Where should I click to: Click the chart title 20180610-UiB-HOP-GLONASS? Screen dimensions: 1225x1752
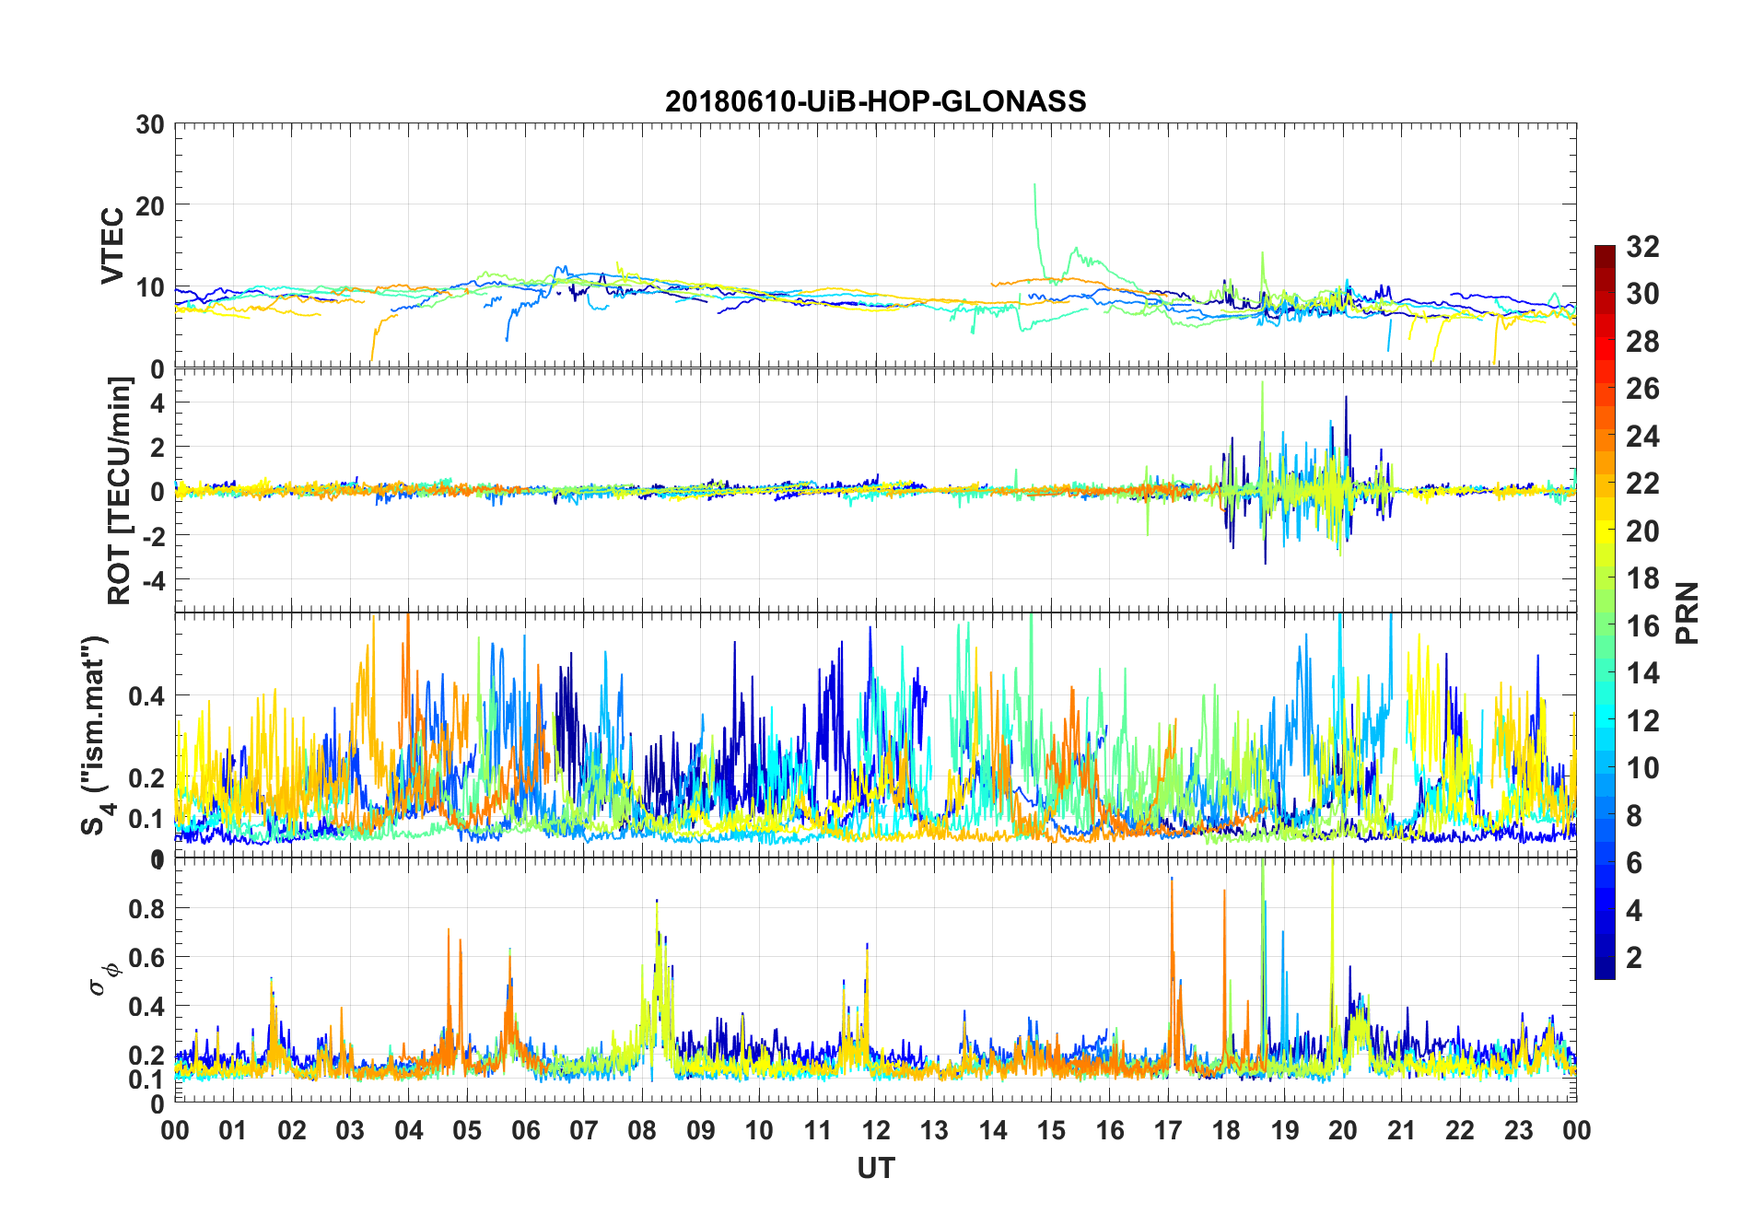[875, 100]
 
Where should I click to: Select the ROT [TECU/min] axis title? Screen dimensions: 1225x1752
[120, 490]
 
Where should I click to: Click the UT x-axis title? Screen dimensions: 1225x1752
[875, 1169]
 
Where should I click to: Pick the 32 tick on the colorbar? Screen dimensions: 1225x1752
[1642, 247]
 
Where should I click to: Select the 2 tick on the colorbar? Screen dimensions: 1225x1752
[1634, 958]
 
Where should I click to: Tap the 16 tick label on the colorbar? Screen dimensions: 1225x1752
[1642, 626]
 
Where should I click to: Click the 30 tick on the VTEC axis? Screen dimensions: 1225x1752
[150, 124]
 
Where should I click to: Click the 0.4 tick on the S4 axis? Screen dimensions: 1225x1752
[146, 696]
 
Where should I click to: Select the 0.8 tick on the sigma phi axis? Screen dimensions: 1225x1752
[146, 909]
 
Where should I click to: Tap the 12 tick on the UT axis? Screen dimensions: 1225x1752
[876, 1130]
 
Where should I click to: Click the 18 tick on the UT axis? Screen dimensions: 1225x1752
[1226, 1130]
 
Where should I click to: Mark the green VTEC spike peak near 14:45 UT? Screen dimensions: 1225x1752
[1034, 185]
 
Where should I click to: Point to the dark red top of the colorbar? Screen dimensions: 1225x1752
[1605, 250]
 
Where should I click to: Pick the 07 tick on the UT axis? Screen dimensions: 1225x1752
[584, 1130]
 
